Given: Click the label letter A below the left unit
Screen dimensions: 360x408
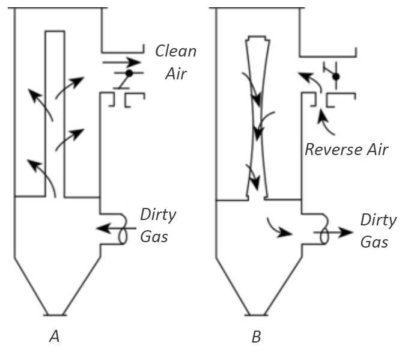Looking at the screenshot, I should [x=54, y=337].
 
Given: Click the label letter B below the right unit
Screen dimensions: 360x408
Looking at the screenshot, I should [x=256, y=337].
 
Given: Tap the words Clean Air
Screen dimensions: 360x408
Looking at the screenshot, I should [x=175, y=62].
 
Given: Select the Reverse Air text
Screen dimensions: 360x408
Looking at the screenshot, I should [x=346, y=149].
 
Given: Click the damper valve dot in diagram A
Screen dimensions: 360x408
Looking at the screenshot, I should [x=128, y=73].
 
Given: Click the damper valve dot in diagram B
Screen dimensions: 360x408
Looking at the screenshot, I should [x=336, y=76].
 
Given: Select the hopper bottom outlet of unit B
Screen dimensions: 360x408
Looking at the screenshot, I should [x=256, y=314].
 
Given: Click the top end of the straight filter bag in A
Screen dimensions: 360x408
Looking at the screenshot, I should [x=55, y=32].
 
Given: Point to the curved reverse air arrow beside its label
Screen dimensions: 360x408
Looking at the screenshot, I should [x=325, y=123].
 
